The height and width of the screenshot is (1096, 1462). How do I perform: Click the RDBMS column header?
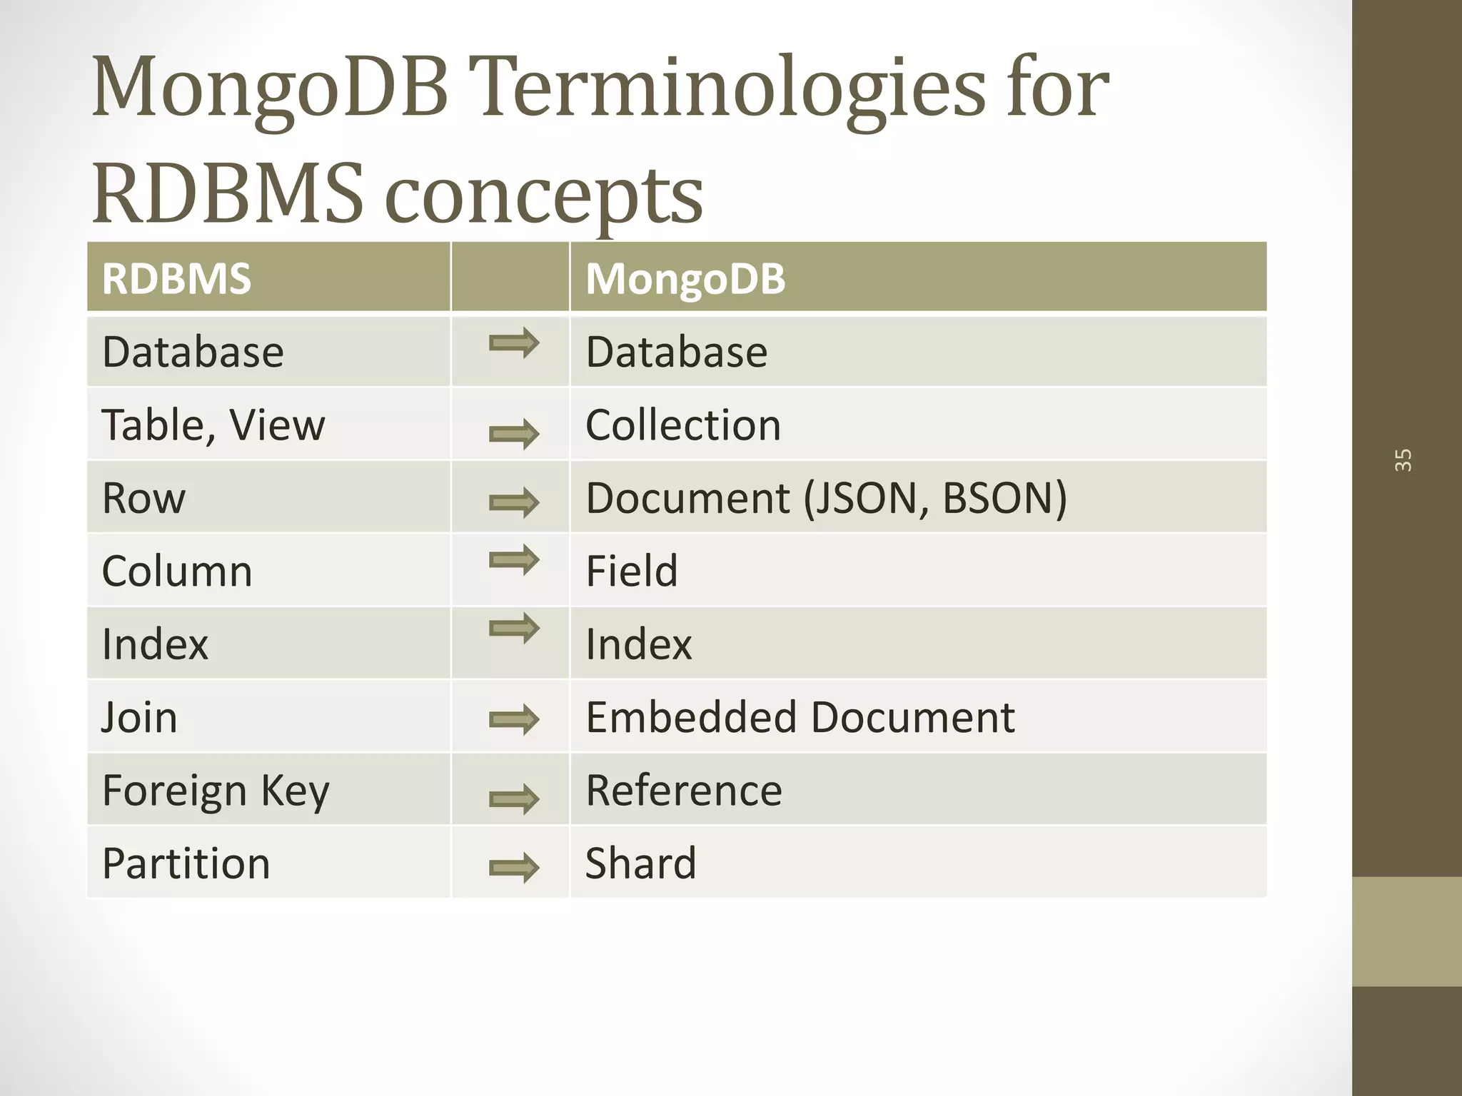point(176,278)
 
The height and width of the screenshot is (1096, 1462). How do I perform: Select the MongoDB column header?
point(685,278)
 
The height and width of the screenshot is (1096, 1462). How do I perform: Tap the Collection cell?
point(682,425)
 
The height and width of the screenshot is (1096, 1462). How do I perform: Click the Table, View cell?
point(213,425)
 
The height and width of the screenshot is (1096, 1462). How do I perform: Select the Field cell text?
point(631,571)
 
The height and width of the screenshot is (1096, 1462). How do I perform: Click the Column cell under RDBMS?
point(176,571)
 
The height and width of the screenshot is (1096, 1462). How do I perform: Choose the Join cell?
point(139,717)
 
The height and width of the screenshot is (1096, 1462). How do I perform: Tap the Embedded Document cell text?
point(800,717)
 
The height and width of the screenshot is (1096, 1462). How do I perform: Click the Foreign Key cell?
point(216,791)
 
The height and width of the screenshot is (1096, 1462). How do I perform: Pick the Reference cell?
point(683,791)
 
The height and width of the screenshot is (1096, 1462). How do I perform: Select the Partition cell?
point(186,863)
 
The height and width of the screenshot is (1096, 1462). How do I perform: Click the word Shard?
point(640,863)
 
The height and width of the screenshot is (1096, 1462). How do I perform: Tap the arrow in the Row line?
point(514,503)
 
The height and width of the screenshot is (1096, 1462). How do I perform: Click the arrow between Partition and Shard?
point(514,868)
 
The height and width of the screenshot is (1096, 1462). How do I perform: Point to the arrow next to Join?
point(514,719)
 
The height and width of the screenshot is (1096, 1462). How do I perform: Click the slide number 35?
point(1403,460)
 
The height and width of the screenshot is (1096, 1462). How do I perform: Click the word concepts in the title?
point(544,194)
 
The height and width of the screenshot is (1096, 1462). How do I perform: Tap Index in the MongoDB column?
point(638,644)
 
